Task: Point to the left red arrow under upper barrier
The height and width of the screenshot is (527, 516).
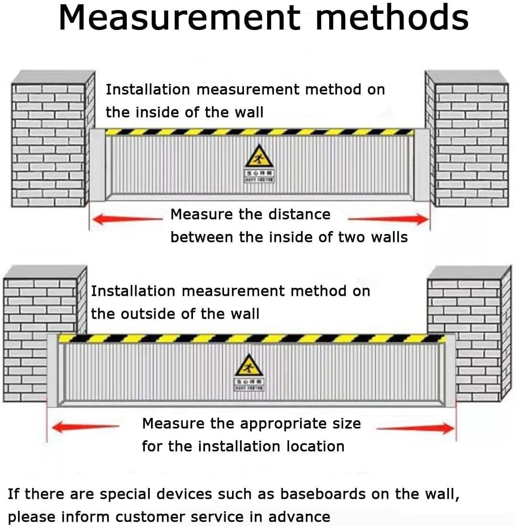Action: coord(126,220)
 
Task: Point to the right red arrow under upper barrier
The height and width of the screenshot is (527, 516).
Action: coord(388,219)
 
